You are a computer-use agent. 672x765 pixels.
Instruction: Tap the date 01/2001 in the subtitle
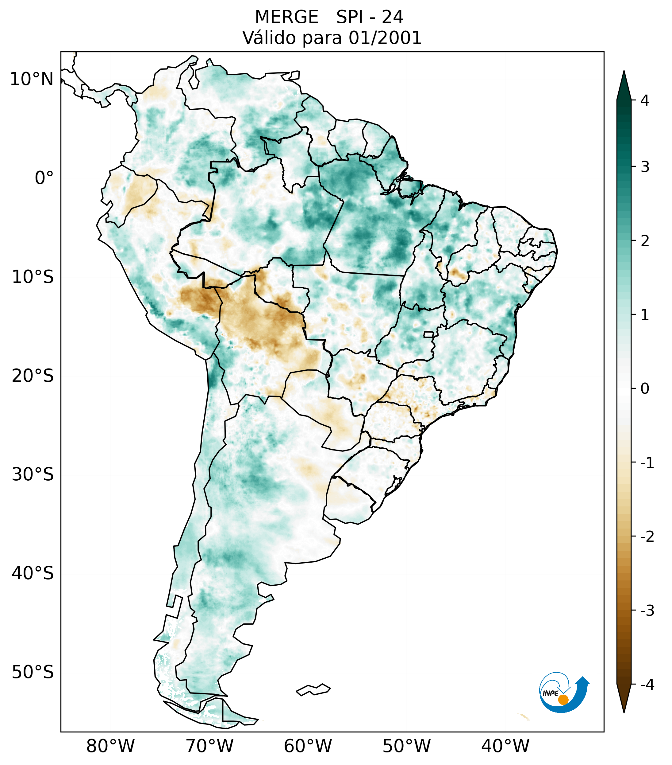coord(385,38)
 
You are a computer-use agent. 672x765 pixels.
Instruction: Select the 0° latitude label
coord(44,178)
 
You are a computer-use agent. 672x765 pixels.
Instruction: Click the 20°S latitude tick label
coord(33,376)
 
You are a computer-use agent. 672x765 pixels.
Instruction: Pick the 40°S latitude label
coord(33,573)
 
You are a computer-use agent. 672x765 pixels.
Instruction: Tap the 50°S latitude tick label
coord(33,672)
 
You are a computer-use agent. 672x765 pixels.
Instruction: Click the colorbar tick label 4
coord(645,100)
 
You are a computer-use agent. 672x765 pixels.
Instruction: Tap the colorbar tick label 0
coord(645,389)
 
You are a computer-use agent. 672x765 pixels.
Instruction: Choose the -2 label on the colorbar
coord(647,537)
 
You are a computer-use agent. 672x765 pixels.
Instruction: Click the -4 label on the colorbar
coord(647,685)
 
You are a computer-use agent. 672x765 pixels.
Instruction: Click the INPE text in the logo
coord(550,693)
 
